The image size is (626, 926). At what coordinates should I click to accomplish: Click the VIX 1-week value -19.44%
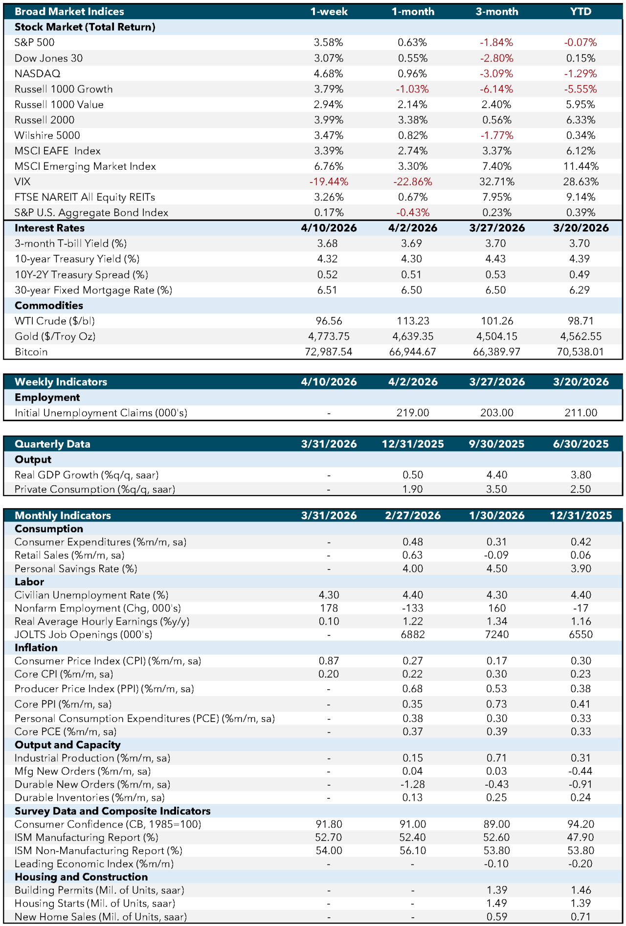[329, 181]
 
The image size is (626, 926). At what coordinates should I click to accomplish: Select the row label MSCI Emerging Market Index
[85, 166]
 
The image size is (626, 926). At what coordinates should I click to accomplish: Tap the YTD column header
[581, 11]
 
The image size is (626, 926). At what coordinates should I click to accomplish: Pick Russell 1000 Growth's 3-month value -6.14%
[496, 89]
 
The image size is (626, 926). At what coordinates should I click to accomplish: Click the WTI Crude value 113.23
[413, 321]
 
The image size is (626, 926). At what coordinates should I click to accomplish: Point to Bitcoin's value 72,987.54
[329, 352]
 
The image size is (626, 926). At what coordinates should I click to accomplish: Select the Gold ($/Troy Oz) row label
[55, 337]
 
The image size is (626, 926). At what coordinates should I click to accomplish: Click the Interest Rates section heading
[49, 228]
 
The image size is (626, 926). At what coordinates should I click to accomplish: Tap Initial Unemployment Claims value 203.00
[496, 413]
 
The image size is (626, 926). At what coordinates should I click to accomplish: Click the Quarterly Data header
[52, 444]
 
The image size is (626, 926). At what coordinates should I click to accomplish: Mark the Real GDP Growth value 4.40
[496, 475]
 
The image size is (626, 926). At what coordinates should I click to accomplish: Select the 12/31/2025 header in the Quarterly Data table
[413, 444]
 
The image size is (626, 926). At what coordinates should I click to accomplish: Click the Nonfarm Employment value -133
[413, 608]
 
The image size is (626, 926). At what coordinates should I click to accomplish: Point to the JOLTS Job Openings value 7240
[496, 634]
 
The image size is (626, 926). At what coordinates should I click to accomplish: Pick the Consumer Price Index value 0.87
[329, 661]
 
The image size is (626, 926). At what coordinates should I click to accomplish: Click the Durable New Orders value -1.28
[413, 784]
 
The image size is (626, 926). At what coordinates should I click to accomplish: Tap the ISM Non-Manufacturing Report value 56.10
[413, 851]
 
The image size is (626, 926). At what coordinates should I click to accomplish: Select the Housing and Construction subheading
[81, 877]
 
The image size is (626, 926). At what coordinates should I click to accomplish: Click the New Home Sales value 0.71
[581, 917]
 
